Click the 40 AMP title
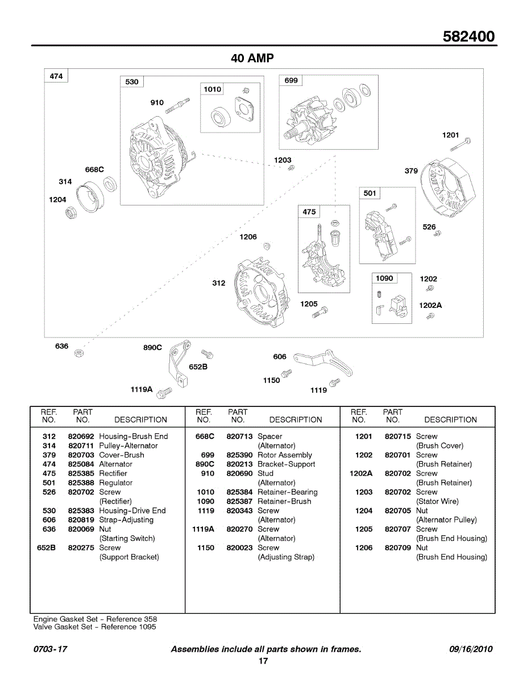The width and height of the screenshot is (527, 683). pos(252,58)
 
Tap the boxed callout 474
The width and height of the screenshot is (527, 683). pos(56,76)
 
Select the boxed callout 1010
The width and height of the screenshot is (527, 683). pos(213,89)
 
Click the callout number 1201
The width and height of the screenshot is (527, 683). pos(450,135)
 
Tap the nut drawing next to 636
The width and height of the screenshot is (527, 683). pos(79,354)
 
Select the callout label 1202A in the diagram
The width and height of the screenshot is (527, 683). pos(430,305)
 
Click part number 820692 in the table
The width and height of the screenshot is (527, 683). pos(81,437)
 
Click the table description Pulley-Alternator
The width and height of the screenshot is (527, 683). pos(128,446)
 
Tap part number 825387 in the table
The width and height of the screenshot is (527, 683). pos(239,501)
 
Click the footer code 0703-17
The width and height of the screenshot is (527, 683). pos(51,649)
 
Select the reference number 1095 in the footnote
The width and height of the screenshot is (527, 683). pos(146,627)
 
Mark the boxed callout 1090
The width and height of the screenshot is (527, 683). pos(384,278)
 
